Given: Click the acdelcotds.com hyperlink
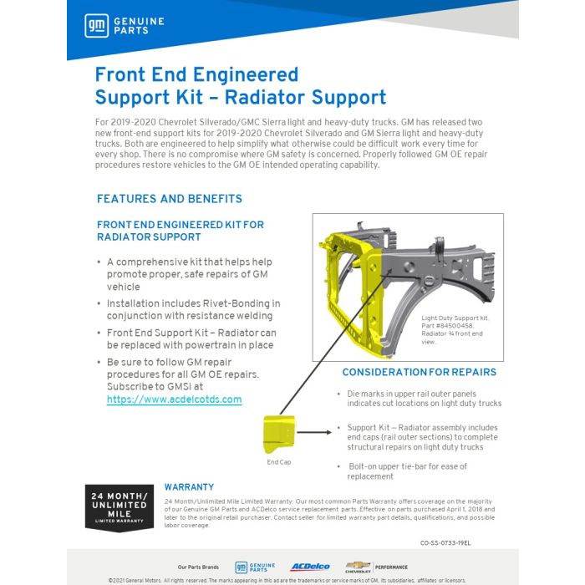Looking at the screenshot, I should pyautogui.click(x=174, y=399).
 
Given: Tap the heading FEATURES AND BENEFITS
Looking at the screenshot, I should pyautogui.click(x=170, y=199).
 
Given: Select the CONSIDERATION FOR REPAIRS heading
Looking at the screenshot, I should pyautogui.click(x=419, y=372).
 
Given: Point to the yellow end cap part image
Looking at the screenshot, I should pyautogui.click(x=279, y=433).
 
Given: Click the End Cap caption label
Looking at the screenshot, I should pyautogui.click(x=278, y=462).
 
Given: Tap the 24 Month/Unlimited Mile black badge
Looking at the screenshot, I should pyautogui.click(x=119, y=507).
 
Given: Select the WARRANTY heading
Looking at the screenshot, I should pyautogui.click(x=189, y=487).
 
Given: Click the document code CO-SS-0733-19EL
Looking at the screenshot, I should pyautogui.click(x=445, y=542).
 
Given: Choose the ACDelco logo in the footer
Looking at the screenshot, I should pyautogui.click(x=310, y=567).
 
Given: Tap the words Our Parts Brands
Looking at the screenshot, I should pyautogui.click(x=198, y=567).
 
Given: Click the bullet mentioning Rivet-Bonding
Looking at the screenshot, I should pyautogui.click(x=193, y=309).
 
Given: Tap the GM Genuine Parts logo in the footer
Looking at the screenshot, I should pyautogui.click(x=255, y=567).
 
